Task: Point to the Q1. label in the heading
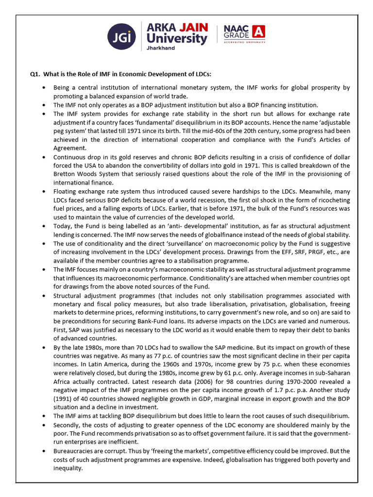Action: pos(34,74)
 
